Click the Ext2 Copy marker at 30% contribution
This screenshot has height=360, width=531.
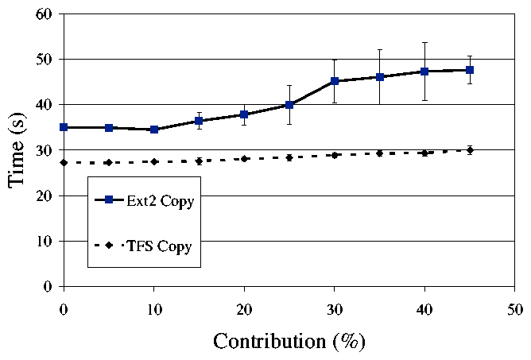click(335, 81)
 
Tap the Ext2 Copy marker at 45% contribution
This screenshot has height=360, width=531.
click(470, 70)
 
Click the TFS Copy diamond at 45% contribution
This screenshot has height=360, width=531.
click(470, 149)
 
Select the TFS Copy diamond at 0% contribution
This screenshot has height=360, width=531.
click(64, 162)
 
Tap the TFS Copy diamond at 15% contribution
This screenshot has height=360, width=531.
click(199, 161)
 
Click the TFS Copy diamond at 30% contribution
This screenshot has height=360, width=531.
click(335, 155)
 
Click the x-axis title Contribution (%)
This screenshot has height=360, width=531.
click(289, 342)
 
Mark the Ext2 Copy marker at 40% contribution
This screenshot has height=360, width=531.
click(425, 72)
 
